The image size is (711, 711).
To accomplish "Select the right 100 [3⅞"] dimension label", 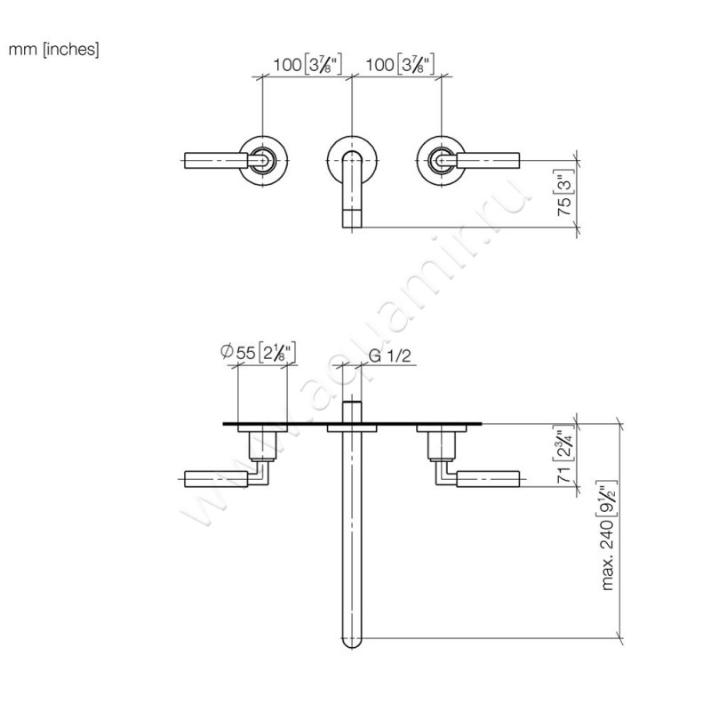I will tap(398, 65).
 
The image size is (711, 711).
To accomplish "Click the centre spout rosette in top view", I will tap(352, 156).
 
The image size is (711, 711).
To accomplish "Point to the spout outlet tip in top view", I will tap(352, 217).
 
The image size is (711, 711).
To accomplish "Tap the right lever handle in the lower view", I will tap(486, 478).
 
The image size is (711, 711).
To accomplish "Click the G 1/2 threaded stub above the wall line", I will tap(352, 411).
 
